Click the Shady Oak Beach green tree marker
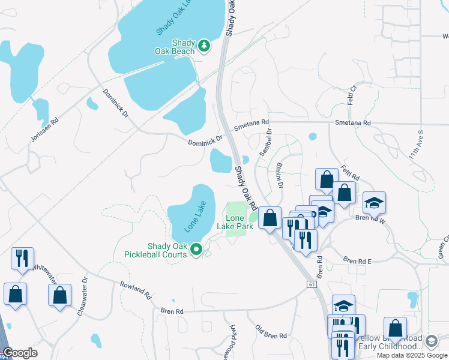[204, 46]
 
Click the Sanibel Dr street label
[265, 143]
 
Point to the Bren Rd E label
[358, 260]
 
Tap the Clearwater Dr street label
[82, 295]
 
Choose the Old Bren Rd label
[271, 331]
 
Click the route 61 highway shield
[310, 283]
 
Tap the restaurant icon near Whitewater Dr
[22, 259]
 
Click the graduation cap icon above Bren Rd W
[374, 203]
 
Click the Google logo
[20, 353]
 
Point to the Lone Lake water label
[195, 217]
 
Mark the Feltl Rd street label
[349, 173]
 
